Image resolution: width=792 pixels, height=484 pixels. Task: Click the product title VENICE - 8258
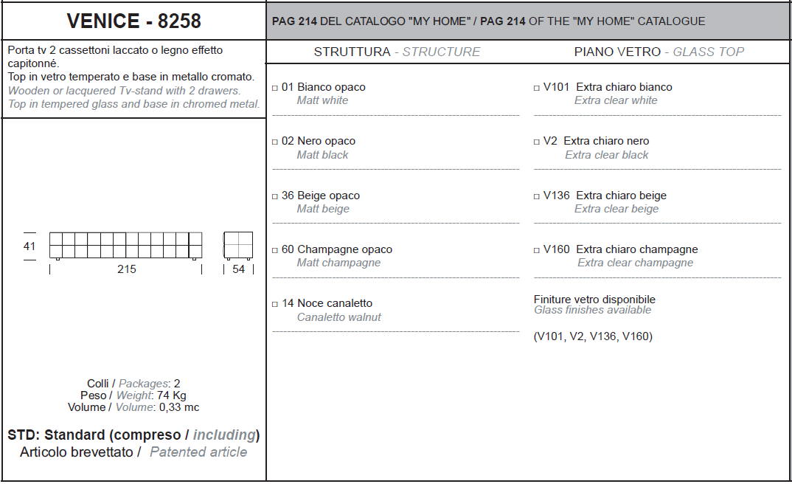(x=134, y=21)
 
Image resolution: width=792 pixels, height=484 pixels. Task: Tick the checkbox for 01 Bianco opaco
(x=275, y=88)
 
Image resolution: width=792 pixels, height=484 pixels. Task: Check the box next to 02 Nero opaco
(x=275, y=142)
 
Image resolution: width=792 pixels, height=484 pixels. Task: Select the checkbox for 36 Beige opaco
(x=275, y=196)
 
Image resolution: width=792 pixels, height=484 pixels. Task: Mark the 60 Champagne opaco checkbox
(x=275, y=250)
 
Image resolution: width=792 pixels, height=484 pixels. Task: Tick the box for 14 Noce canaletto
(x=275, y=304)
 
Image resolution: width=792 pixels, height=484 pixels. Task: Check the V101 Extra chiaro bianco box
(x=536, y=88)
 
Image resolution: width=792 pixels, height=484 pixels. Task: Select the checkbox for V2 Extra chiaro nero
(x=536, y=142)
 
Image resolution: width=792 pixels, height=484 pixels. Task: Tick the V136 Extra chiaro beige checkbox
(x=536, y=196)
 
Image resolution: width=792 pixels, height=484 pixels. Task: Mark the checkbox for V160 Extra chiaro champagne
(x=536, y=250)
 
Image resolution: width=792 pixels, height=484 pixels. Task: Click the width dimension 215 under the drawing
(x=126, y=269)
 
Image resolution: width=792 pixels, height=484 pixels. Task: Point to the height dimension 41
(x=29, y=246)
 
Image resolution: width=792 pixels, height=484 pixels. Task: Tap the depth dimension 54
(x=238, y=269)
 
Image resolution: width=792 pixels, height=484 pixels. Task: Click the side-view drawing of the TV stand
(x=238, y=246)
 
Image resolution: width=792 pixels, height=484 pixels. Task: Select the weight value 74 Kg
(x=171, y=395)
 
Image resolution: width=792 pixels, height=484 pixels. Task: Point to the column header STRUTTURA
(x=352, y=52)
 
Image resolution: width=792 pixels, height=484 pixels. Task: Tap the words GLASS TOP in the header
(x=708, y=52)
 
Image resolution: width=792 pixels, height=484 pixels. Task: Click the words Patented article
(x=198, y=452)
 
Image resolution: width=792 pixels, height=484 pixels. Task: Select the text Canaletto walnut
(x=339, y=317)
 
